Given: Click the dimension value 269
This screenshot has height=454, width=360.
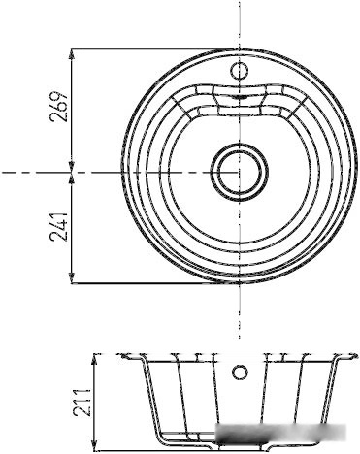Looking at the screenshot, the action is tap(58, 107).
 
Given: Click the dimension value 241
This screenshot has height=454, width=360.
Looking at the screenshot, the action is tap(58, 227).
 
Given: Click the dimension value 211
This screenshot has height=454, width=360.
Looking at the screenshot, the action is tap(81, 403).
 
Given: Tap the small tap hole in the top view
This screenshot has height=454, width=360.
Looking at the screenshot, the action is tap(240, 70).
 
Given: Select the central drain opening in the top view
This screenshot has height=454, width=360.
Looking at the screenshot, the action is tap(240, 172).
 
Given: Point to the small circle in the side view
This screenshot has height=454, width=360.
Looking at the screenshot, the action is tap(240, 372).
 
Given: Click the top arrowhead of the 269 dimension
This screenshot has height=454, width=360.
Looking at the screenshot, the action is tap(72, 54).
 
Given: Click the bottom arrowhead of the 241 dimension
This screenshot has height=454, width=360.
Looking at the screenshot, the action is tap(72, 277).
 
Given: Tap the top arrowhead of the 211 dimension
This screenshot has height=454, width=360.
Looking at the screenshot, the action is tap(94, 360).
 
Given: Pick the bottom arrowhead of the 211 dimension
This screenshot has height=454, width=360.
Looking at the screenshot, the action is tap(94, 444).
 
